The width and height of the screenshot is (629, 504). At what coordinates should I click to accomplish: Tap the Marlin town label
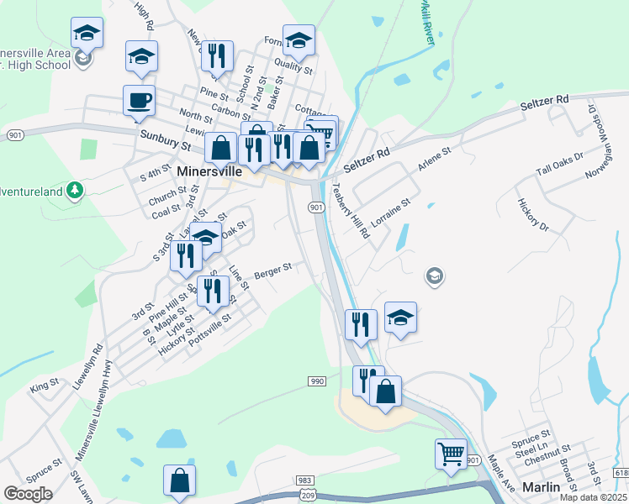click(x=540, y=486)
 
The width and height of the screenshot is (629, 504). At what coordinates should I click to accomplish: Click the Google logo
click(x=28, y=494)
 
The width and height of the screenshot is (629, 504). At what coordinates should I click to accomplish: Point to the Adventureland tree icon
click(x=75, y=191)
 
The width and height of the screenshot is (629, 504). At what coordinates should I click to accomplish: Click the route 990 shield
click(x=316, y=381)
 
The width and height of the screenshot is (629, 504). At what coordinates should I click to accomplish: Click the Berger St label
click(x=272, y=270)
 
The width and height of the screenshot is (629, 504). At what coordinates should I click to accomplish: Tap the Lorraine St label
click(x=390, y=214)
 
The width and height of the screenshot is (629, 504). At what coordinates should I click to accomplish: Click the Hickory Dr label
click(x=533, y=215)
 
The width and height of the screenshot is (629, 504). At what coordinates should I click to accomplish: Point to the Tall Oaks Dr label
click(x=560, y=165)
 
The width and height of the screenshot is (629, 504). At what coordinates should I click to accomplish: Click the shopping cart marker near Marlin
click(x=452, y=454)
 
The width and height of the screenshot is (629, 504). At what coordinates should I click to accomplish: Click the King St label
click(x=44, y=385)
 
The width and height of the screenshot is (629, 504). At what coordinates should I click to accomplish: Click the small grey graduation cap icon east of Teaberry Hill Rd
click(x=434, y=276)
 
